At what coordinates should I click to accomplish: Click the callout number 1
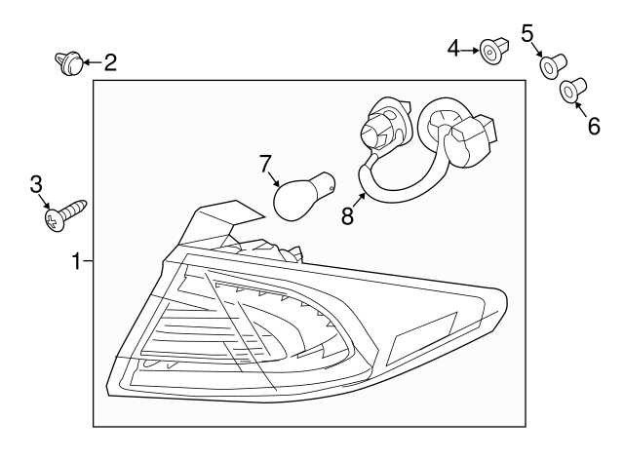click(x=76, y=262)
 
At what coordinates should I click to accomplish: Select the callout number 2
click(x=110, y=62)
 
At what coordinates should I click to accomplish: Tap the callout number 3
click(x=36, y=184)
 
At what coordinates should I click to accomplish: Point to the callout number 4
click(x=453, y=49)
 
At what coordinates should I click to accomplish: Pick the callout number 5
click(x=527, y=33)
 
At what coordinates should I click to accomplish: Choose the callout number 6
click(x=594, y=126)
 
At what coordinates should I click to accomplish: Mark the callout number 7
click(x=265, y=164)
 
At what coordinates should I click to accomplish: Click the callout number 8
click(x=347, y=216)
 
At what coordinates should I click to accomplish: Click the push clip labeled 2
click(x=68, y=62)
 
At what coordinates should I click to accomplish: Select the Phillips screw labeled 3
click(x=65, y=215)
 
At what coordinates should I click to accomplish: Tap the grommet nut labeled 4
click(x=494, y=51)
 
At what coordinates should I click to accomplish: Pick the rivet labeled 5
click(x=553, y=66)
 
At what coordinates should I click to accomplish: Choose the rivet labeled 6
click(x=573, y=91)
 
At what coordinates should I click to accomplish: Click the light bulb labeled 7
click(x=304, y=196)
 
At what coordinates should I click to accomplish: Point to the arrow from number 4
click(x=470, y=51)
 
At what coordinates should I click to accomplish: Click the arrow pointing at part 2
click(x=93, y=62)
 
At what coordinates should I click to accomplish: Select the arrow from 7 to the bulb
click(x=274, y=178)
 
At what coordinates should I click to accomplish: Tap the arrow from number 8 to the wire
click(x=359, y=202)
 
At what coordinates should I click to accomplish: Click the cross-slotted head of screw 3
click(x=54, y=221)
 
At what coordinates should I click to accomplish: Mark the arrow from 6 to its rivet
click(x=580, y=109)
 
